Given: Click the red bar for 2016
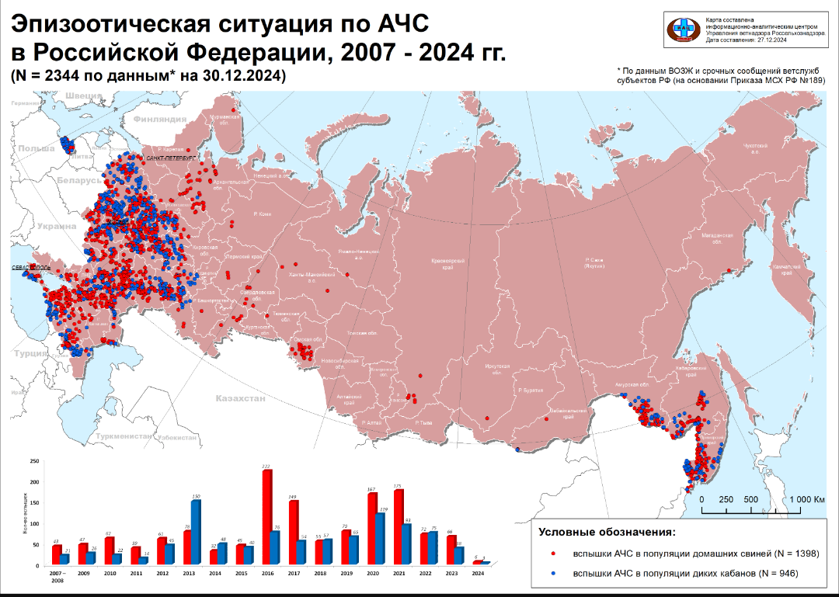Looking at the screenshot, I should [266, 519].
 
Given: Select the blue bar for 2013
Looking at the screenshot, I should [196, 533].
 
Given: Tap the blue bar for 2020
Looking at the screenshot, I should [381, 539].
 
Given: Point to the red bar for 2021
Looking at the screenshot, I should [398, 527].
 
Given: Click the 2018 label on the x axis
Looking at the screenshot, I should [319, 573].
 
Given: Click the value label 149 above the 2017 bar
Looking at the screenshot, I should [293, 498].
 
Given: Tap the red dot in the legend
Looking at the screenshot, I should [552, 554].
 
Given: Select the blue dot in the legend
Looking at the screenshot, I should [552, 573].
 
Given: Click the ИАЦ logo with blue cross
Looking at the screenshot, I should [684, 29].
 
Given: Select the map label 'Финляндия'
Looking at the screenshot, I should [159, 120].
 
